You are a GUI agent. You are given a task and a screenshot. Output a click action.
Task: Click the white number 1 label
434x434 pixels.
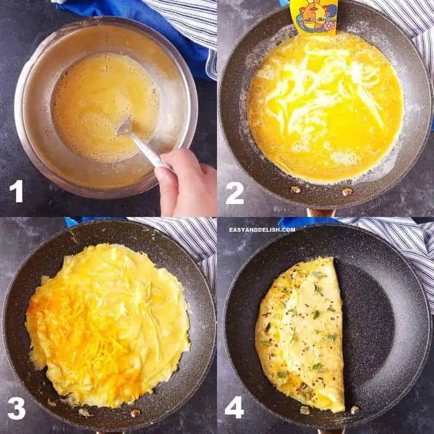tap(16, 192)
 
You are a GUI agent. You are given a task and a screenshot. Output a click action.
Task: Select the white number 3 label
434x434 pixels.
tap(16, 408)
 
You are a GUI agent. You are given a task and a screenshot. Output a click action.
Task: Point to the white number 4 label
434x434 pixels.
tap(234, 407)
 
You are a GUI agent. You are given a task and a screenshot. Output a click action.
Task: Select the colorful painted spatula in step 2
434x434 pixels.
tap(314, 16)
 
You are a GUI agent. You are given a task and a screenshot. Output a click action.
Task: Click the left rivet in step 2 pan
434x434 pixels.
tap(296, 189)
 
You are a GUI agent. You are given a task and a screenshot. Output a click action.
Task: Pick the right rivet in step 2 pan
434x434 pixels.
tap(347, 192)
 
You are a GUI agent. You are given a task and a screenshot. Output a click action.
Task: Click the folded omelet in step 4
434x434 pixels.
tap(301, 334)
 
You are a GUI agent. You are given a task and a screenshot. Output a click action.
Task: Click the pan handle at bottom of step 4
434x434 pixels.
tap(331, 431)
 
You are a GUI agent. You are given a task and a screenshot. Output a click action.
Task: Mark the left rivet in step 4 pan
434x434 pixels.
tap(305, 411)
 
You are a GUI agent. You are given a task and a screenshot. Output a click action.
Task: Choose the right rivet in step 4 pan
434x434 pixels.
tap(354, 410)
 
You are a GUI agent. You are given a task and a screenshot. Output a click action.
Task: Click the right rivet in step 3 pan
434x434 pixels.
tap(135, 413)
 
